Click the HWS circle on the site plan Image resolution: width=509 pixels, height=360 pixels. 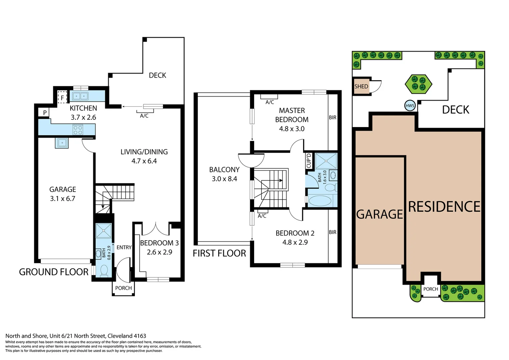410,106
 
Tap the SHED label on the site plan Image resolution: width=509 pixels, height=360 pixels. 361,86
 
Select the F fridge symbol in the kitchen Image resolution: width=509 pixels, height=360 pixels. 62,98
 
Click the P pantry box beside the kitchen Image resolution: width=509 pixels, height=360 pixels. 45,113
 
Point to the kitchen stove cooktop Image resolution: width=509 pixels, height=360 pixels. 78,129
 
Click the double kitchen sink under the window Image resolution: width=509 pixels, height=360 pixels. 80,96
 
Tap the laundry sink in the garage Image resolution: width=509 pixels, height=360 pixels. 62,143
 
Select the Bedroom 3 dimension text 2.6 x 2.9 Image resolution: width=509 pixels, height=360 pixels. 159,252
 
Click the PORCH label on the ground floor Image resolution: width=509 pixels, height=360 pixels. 123,288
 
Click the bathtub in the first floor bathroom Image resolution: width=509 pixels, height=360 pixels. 320,201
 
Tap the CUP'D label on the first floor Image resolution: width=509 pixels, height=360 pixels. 309,161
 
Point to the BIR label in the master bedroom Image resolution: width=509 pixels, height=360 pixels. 332,117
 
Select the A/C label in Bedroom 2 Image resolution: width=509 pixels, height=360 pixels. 262,216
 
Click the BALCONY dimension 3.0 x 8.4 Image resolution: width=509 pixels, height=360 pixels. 224,179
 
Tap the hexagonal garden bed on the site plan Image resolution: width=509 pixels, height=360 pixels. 418,83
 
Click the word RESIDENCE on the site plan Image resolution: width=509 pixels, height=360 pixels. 444,207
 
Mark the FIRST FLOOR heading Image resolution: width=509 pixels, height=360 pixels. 219,253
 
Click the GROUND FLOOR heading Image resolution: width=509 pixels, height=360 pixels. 54,272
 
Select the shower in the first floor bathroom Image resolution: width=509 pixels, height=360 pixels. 326,161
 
